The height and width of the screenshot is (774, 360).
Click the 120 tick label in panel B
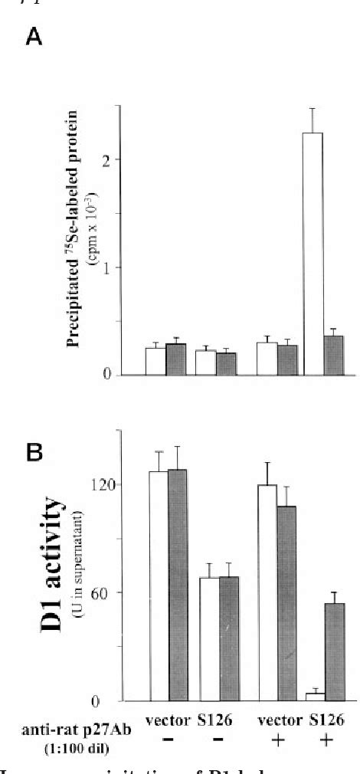coord(112,484)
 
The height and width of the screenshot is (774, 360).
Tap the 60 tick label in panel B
coord(115,592)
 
